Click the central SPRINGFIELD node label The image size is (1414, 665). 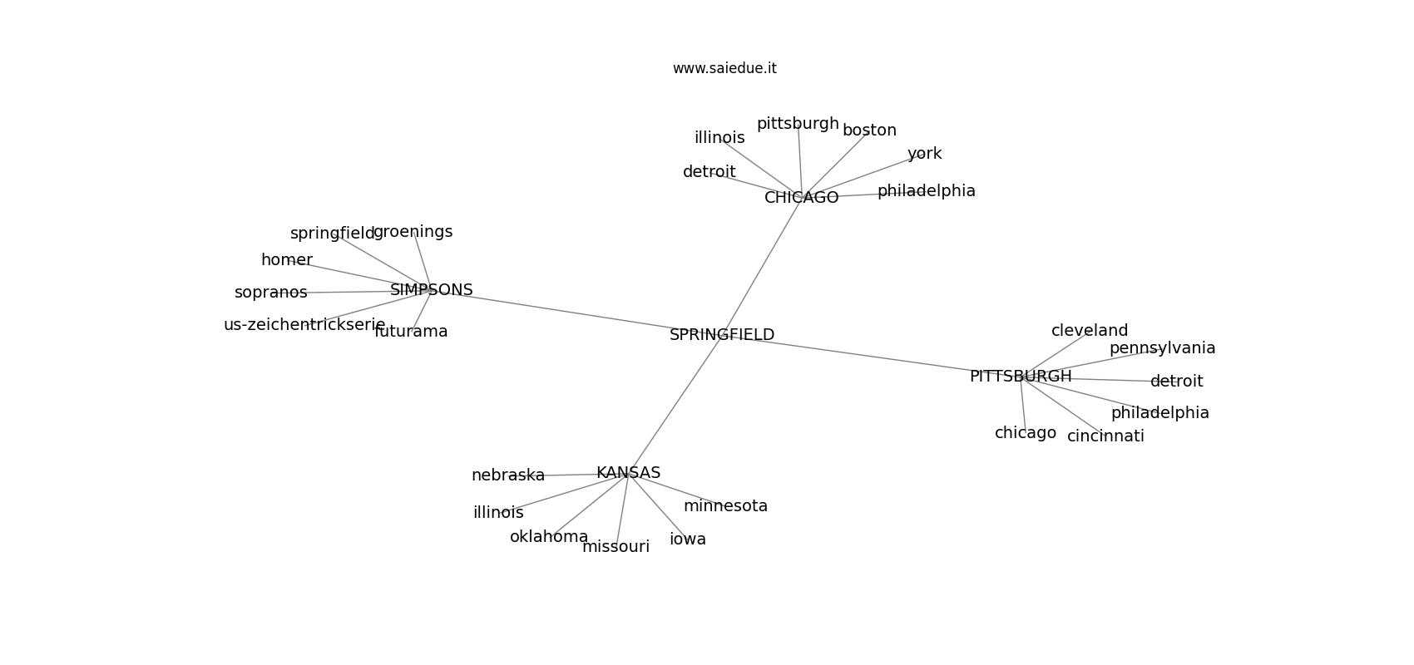point(721,335)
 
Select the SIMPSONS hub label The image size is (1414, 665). point(431,289)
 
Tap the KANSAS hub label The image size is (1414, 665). point(628,473)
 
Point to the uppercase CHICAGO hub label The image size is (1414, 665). point(801,198)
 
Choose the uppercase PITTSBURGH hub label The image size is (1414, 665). point(1021,376)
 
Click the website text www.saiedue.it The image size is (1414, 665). point(724,68)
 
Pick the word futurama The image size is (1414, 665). point(411,331)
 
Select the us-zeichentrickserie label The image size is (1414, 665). point(304,324)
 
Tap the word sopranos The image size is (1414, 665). point(271,293)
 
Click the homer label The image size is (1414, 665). point(287,259)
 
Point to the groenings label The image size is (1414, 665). point(413,232)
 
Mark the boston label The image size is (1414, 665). point(869,130)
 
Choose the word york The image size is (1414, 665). point(924,153)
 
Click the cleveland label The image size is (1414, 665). point(1090,330)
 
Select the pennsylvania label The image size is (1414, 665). point(1162,347)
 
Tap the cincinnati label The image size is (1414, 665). point(1105,436)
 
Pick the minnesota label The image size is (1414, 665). point(725,505)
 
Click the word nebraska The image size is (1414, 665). point(508,475)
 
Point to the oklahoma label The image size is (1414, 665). point(549,536)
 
